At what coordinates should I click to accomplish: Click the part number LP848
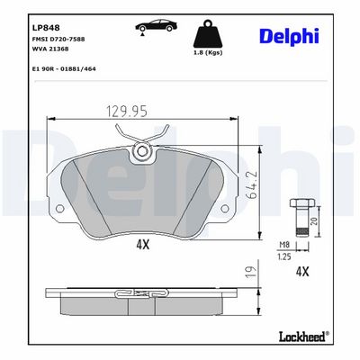pyautogui.click(x=46, y=28)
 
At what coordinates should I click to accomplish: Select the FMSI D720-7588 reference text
pyautogui.click(x=58, y=39)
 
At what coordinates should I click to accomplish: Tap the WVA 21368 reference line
pyautogui.click(x=50, y=49)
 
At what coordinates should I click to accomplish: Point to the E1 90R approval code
pyautogui.click(x=64, y=68)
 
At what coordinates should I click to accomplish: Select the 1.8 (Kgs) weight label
pyautogui.click(x=207, y=52)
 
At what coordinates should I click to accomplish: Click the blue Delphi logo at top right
pyautogui.click(x=289, y=36)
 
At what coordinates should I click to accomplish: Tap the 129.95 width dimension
pyautogui.click(x=127, y=112)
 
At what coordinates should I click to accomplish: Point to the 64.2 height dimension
pyautogui.click(x=252, y=184)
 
